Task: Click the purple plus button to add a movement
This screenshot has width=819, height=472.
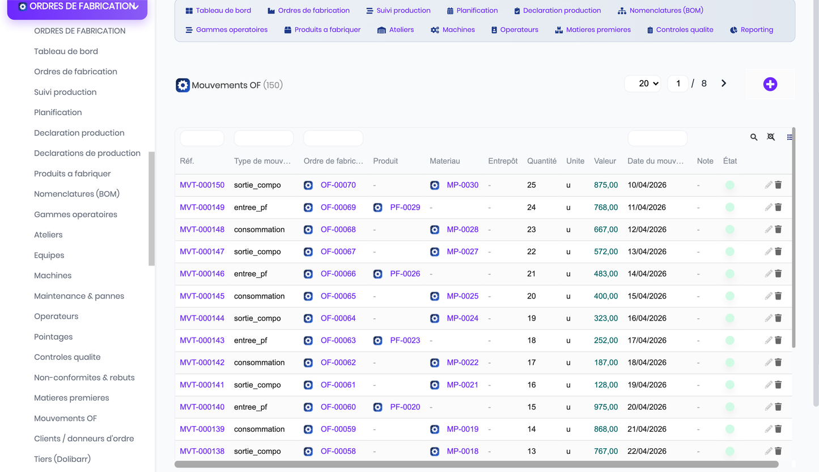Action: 770,84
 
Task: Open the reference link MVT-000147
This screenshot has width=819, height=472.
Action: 202,252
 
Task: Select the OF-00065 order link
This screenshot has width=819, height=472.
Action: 338,296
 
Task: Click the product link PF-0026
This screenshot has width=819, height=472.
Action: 405,273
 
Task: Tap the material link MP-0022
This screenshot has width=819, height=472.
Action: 462,363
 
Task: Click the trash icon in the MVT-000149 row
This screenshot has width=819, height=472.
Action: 778,208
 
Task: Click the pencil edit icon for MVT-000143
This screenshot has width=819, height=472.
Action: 768,340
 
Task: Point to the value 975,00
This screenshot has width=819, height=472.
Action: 606,407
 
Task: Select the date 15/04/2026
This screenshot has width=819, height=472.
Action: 647,296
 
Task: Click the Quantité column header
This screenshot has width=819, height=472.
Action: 541,161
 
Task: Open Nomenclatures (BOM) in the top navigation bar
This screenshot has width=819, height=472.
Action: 660,11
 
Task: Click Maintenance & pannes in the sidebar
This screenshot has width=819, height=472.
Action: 79,296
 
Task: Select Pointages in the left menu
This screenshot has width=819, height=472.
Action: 53,336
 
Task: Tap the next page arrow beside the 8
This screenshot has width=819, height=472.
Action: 724,83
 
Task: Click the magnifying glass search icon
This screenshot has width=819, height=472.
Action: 754,137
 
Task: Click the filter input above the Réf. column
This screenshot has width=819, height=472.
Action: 202,138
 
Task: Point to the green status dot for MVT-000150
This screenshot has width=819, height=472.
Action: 730,185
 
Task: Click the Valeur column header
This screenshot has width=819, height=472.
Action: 605,161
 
